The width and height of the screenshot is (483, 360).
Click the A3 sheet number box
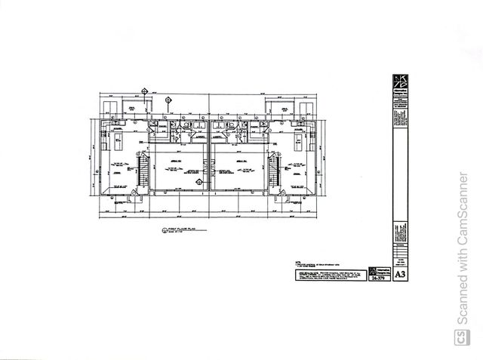click(399, 275)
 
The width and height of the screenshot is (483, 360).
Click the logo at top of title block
click(399, 84)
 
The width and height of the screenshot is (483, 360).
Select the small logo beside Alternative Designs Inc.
click(371, 270)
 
